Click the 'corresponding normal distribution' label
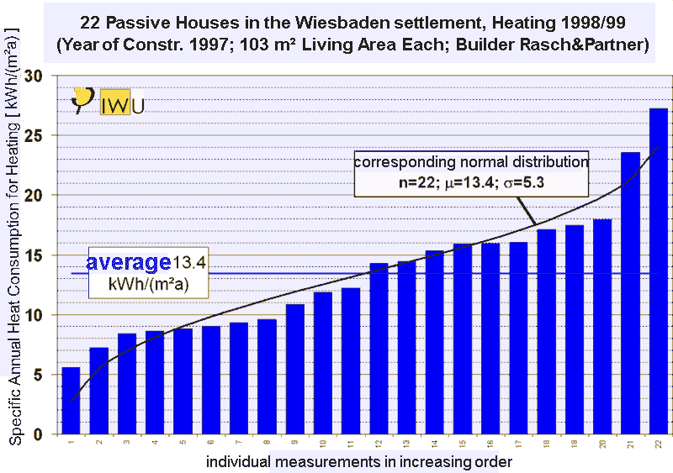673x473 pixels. tap(469, 160)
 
